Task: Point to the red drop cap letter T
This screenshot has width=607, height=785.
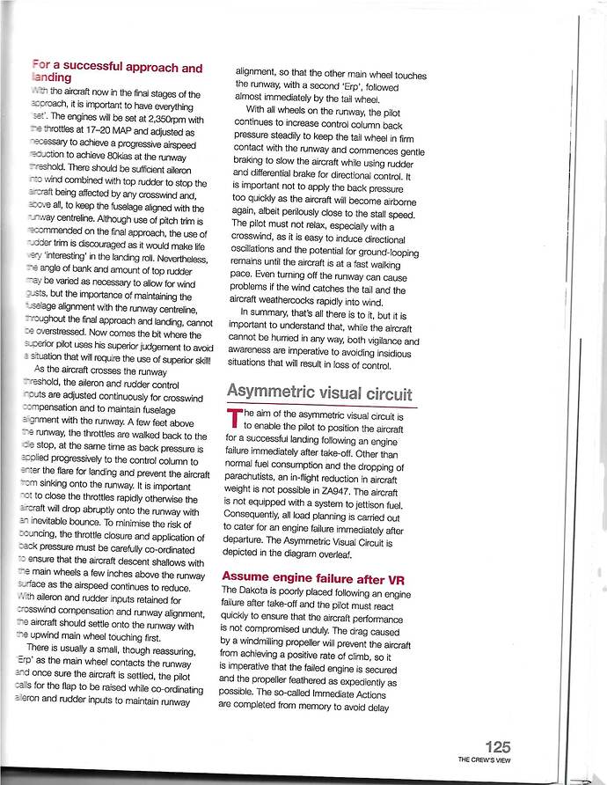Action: coord(233,421)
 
